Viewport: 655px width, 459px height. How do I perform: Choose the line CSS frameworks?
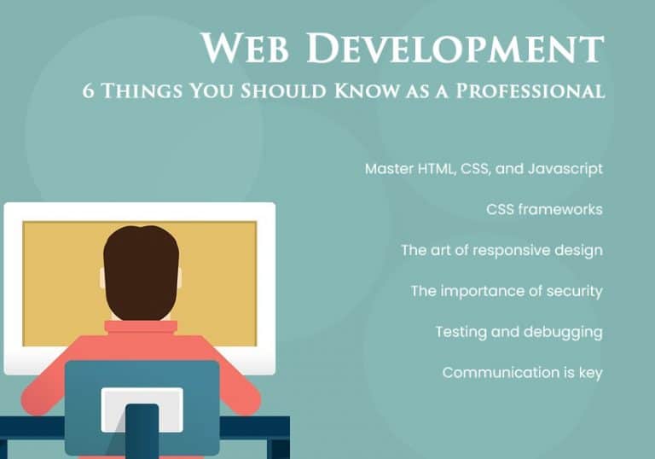[544, 210]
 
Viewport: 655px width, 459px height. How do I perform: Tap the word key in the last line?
[590, 373]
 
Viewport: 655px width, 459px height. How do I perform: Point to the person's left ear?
[102, 278]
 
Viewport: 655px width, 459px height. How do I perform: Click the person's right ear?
[179, 278]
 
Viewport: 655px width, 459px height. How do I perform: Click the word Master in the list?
[388, 169]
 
